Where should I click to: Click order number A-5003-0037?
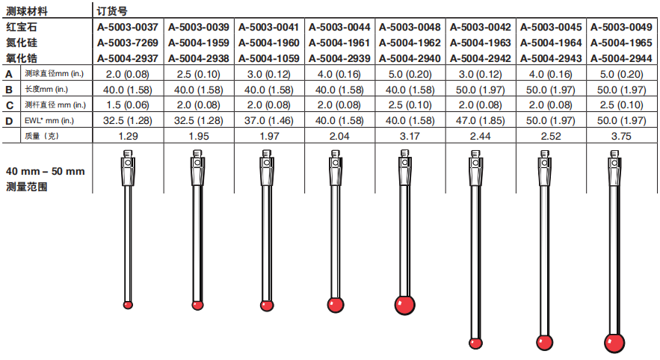pyautogui.click(x=128, y=28)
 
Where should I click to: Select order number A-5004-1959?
pyautogui.click(x=198, y=43)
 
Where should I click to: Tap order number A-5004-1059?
pyautogui.click(x=268, y=58)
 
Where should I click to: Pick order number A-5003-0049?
pyautogui.click(x=621, y=28)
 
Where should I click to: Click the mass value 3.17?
pyautogui.click(x=410, y=136)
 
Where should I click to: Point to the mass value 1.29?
pyautogui.click(x=128, y=136)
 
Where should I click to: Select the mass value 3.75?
pyautogui.click(x=621, y=136)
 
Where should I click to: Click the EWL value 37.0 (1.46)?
pyautogui.click(x=268, y=121)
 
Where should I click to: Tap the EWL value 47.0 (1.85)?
pyautogui.click(x=481, y=121)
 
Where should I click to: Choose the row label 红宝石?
pyautogui.click(x=22, y=28)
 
